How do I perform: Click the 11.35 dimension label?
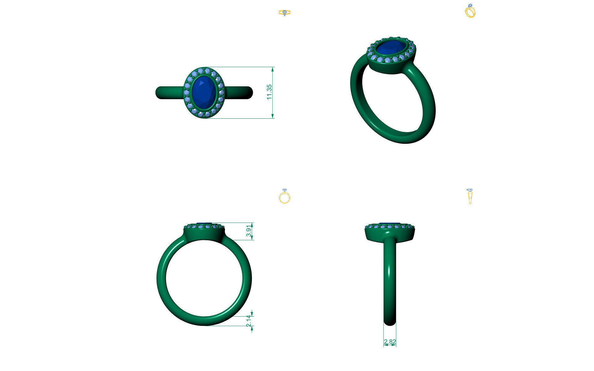pos(269,92)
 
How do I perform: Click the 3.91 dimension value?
pos(248,231)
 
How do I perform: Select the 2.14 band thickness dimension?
pos(248,321)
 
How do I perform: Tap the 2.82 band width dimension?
pos(390,342)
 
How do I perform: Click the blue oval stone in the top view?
pos(203,92)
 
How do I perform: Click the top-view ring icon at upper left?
pos(285,13)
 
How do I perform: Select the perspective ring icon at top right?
pos(470,11)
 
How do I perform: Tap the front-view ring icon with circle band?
pos(285,196)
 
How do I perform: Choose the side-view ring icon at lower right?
pos(470,196)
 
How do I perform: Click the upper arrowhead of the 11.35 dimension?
pos(273,69)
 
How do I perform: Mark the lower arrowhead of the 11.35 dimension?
pos(273,116)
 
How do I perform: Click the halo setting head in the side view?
pos(390,232)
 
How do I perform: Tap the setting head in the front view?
pos(204,232)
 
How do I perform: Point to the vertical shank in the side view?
pos(390,278)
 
